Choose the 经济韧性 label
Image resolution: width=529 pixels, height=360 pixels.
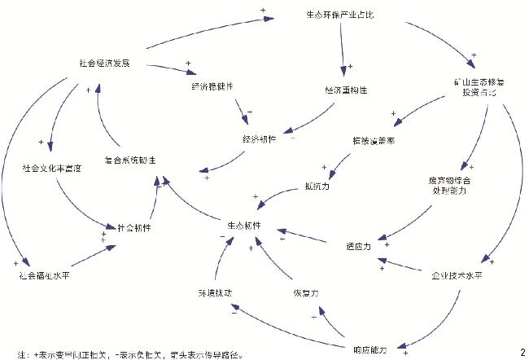[x=259, y=139]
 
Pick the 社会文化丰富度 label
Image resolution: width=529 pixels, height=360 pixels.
[x=52, y=169]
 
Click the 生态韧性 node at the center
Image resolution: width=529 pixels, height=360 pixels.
[x=243, y=226]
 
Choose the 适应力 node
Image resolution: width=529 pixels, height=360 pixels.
[x=357, y=245]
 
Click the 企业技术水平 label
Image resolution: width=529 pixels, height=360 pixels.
[x=457, y=274]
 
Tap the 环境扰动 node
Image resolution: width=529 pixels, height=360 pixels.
[x=214, y=292]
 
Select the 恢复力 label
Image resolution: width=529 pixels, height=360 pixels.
[x=306, y=292]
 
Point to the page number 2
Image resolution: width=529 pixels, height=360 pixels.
[x=522, y=351]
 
